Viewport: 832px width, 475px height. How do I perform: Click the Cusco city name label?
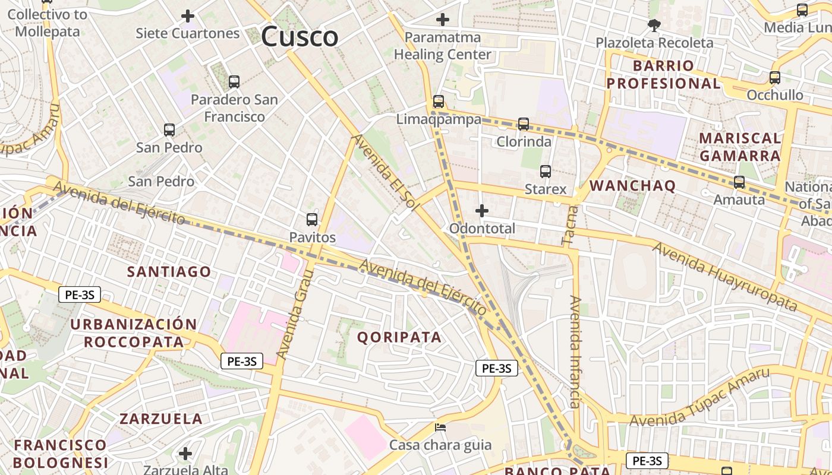pyautogui.click(x=300, y=37)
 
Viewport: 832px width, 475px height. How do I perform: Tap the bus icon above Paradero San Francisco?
pyautogui.click(x=234, y=82)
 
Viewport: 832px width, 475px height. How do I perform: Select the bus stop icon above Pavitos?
pyautogui.click(x=312, y=220)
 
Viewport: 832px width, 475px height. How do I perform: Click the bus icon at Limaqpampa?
pyautogui.click(x=439, y=102)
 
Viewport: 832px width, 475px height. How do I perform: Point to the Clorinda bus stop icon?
pyautogui.click(x=524, y=123)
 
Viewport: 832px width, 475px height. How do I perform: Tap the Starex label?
pyautogui.click(x=546, y=189)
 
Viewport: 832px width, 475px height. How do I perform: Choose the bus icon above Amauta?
pyautogui.click(x=739, y=182)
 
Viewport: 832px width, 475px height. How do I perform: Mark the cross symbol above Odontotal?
pyautogui.click(x=482, y=211)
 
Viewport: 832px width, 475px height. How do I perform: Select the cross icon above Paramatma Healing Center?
pyautogui.click(x=443, y=20)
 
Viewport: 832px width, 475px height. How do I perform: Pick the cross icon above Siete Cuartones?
pyautogui.click(x=188, y=16)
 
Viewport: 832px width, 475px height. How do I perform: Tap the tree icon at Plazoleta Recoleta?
pyautogui.click(x=654, y=26)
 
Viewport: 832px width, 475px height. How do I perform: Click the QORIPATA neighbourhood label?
pyautogui.click(x=399, y=337)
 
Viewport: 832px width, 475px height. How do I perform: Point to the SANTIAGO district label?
pyautogui.click(x=169, y=272)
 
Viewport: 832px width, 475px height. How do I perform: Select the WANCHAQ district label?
pyautogui.click(x=632, y=186)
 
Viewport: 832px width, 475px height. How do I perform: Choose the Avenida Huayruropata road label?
pyautogui.click(x=725, y=277)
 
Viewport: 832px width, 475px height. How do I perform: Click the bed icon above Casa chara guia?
pyautogui.click(x=440, y=427)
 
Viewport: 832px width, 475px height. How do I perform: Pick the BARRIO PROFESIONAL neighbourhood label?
pyautogui.click(x=663, y=74)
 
